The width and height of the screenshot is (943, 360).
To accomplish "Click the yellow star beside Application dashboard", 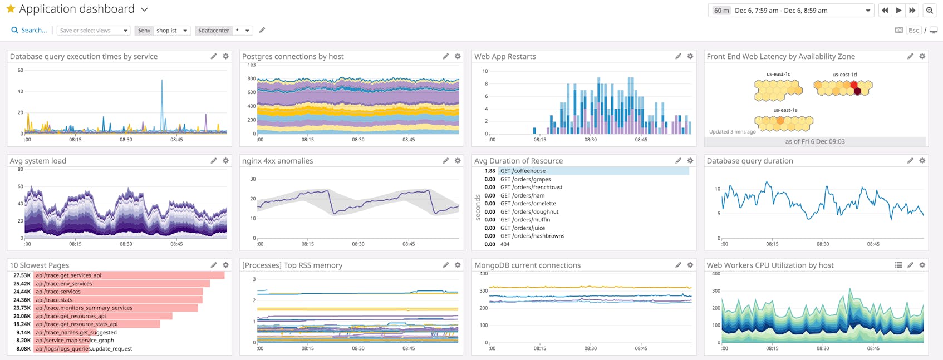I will [x=11, y=9].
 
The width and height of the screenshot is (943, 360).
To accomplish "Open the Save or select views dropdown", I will [x=94, y=31].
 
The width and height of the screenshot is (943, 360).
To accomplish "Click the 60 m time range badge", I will [x=721, y=11].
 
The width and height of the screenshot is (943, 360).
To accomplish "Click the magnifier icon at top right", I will [x=929, y=11].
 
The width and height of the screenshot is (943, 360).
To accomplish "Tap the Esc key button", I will [x=913, y=31].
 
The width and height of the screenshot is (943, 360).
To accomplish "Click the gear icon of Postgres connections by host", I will [x=458, y=56].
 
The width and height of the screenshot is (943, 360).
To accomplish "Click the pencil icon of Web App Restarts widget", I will [x=678, y=56].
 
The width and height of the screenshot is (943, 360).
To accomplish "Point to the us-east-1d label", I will [x=844, y=74].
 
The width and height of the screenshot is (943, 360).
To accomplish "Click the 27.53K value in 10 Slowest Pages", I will [x=22, y=275].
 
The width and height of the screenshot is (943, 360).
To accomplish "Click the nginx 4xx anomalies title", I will [x=277, y=161].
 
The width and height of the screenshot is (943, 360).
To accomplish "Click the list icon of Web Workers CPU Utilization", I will [x=898, y=265].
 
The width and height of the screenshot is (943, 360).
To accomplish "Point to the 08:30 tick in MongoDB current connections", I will [x=590, y=348].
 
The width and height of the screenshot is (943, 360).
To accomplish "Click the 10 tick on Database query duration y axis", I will [x=717, y=189].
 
